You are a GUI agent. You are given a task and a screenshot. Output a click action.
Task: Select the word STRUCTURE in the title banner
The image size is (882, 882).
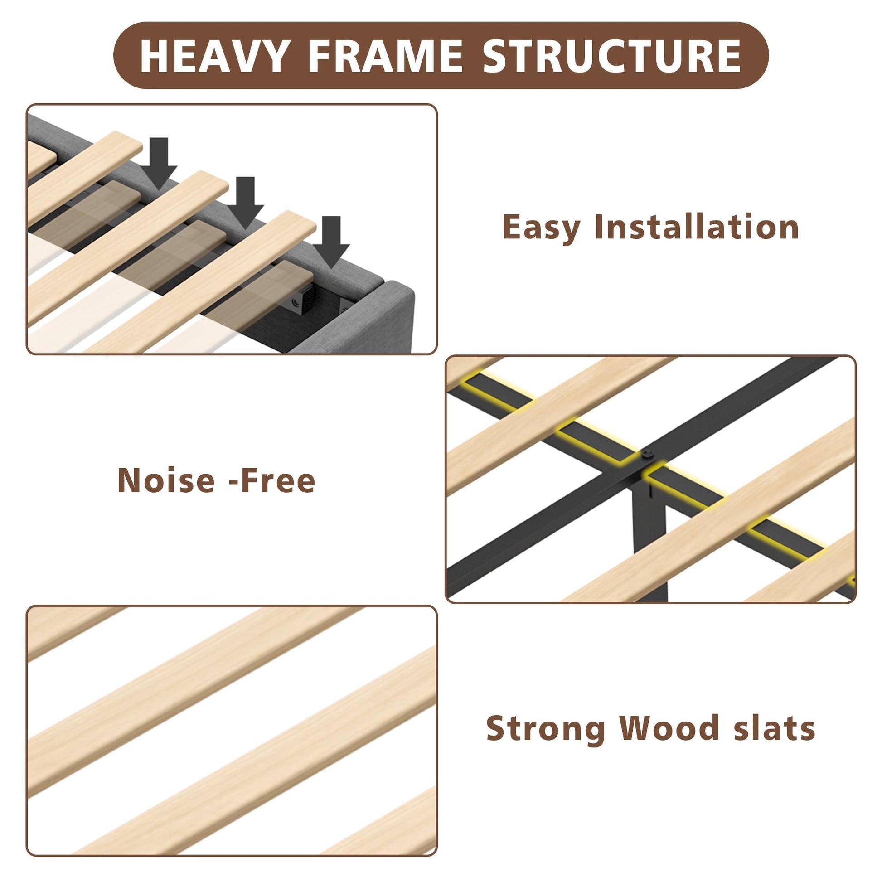click(612, 56)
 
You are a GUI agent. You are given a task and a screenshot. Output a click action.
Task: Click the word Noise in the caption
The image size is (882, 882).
click(166, 480)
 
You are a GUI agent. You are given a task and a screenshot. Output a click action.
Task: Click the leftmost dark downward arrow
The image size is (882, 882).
click(159, 164)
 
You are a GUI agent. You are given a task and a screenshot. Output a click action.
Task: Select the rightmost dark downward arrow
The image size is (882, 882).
click(331, 242)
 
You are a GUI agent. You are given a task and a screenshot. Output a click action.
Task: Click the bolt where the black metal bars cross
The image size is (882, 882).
click(648, 454)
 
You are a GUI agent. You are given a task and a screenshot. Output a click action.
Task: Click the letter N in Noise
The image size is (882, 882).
click(131, 480)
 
